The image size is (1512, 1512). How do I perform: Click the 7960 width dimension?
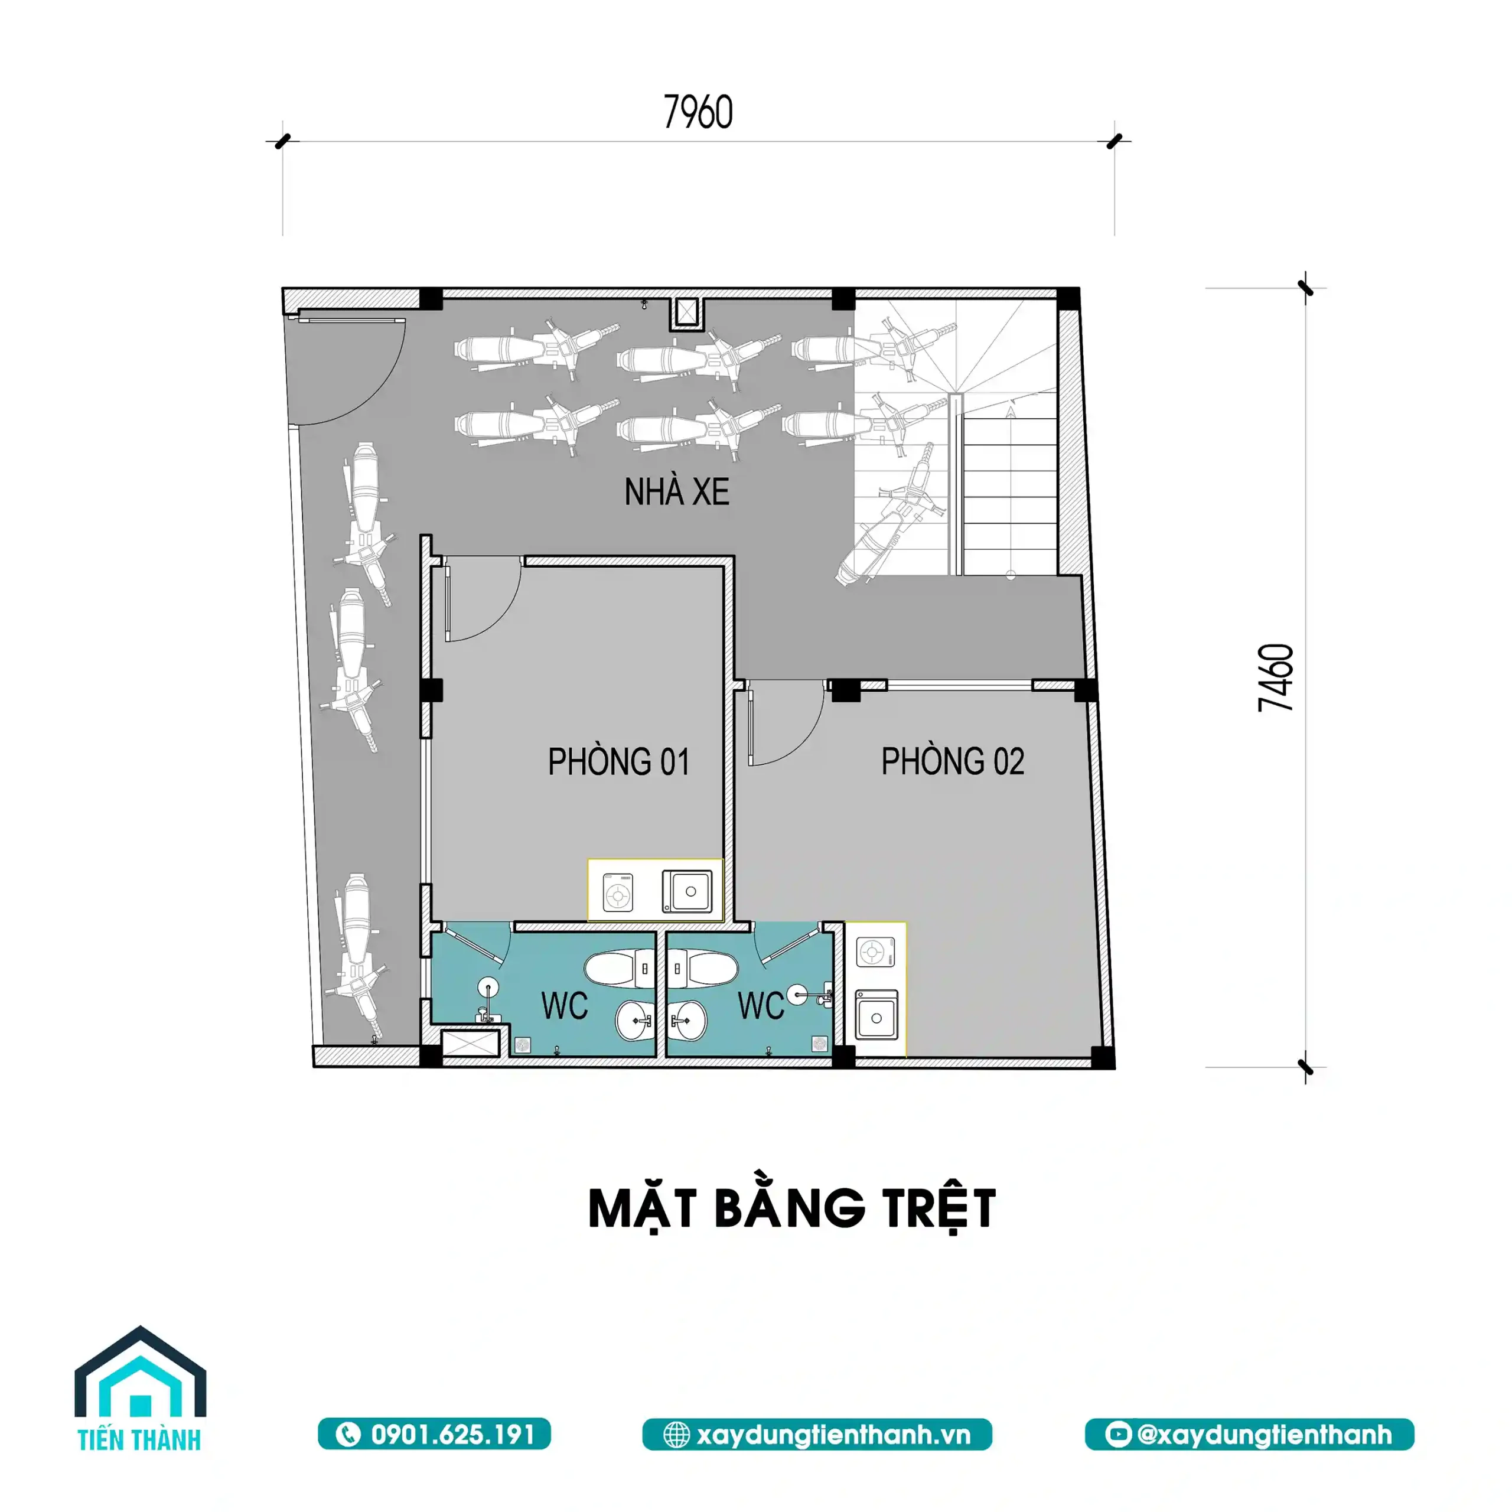point(698,112)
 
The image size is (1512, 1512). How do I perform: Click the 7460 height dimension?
point(1276,677)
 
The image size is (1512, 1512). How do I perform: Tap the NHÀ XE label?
point(677,492)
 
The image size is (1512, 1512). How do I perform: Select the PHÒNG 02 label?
point(953,761)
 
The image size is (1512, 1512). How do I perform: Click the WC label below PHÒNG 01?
point(564,1006)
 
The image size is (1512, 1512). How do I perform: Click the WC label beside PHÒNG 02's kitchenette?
point(761,1006)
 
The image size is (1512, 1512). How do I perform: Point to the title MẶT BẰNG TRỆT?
point(792,1208)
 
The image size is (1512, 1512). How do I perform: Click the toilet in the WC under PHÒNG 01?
point(618,969)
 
